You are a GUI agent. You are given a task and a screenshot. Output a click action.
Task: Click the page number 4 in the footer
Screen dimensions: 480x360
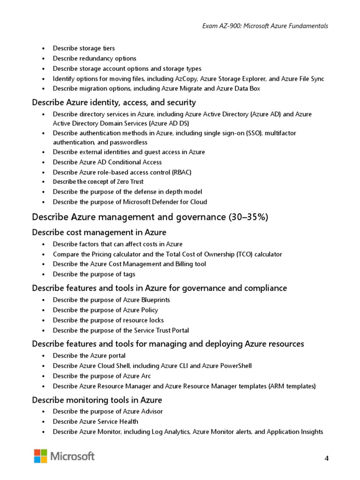tap(326, 458)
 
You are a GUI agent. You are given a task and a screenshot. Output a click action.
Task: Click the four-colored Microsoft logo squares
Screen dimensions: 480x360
tap(40, 456)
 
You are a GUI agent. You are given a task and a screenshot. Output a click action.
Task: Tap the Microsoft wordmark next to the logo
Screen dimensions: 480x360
tap(73, 456)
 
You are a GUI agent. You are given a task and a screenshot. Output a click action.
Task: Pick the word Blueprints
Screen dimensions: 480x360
tap(154, 300)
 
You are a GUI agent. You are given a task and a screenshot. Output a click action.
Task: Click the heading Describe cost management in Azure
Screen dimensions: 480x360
tap(99, 232)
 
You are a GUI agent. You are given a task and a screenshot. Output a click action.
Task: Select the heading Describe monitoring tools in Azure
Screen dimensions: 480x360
tap(97, 400)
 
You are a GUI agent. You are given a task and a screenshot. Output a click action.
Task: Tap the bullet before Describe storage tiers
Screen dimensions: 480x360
tap(44, 49)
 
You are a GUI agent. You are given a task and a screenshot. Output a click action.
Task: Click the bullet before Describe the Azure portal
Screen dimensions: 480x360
tap(44, 356)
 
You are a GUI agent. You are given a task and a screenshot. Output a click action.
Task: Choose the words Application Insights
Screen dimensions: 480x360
tap(295, 432)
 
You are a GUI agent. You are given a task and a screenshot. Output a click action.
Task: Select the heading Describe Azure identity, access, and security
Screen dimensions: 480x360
tap(114, 102)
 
